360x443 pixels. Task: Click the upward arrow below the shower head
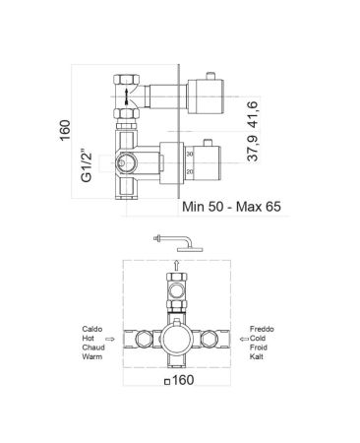176,262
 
